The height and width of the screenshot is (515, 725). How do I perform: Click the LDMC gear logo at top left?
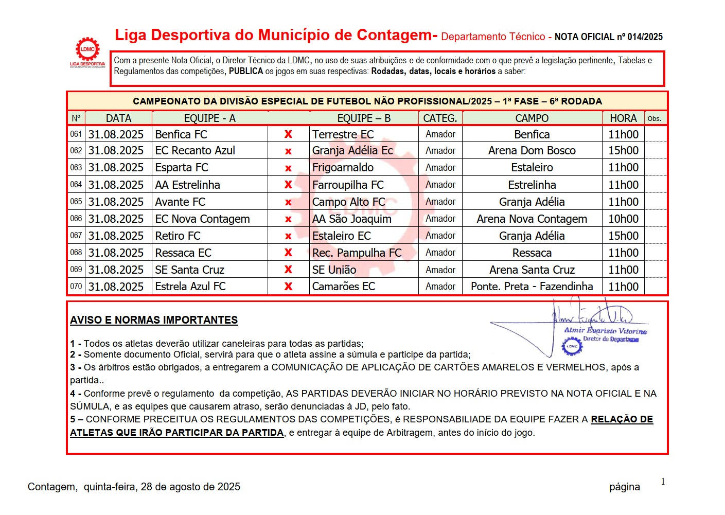(87, 50)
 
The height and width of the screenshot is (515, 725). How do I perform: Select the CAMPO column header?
(532, 118)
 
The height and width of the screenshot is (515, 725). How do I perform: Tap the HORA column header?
(623, 118)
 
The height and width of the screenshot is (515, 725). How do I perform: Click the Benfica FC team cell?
(181, 134)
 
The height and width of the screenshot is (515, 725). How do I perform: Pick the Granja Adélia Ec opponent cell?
(352, 151)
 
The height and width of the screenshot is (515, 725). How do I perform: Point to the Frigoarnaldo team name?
(343, 168)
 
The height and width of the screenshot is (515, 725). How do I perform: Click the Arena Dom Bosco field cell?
(532, 151)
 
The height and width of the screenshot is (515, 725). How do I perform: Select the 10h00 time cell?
(623, 219)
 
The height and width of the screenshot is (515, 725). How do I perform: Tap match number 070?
(76, 287)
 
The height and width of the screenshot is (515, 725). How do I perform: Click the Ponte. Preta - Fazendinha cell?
(532, 287)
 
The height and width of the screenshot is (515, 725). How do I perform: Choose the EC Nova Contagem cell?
(202, 219)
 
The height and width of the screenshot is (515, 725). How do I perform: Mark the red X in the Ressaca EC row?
(288, 253)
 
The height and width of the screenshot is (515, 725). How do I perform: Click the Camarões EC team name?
(343, 287)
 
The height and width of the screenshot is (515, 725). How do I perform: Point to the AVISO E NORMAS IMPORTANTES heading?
(154, 320)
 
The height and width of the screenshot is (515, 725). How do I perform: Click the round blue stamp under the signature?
(572, 346)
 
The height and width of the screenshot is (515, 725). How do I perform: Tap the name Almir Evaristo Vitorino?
(605, 331)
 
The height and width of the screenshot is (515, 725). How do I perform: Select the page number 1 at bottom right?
(663, 482)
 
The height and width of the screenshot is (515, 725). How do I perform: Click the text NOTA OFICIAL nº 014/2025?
(608, 37)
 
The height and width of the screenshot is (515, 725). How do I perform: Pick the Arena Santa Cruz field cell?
(532, 270)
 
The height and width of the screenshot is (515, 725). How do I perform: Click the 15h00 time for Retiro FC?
(623, 236)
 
